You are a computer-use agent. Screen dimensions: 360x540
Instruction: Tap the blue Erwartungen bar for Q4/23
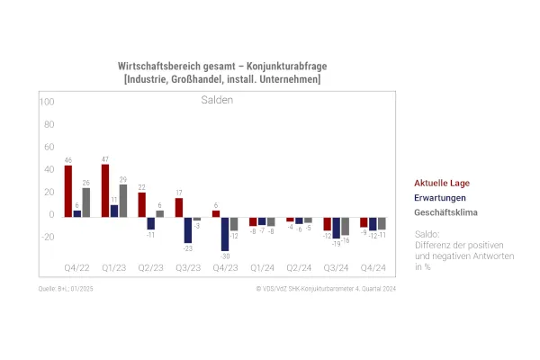click(224, 233)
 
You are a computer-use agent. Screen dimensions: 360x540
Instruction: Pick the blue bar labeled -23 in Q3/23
click(187, 229)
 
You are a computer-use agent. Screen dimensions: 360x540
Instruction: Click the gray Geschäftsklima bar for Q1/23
click(123, 201)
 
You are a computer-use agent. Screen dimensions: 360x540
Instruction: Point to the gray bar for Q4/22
click(86, 202)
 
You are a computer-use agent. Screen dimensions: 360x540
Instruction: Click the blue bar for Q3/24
click(336, 228)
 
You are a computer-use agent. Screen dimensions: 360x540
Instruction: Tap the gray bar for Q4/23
click(234, 223)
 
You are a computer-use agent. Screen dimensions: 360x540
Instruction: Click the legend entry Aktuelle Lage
click(442, 184)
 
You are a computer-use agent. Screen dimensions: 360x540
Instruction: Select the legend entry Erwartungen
click(440, 198)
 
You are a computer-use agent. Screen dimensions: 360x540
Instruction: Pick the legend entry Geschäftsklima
click(445, 212)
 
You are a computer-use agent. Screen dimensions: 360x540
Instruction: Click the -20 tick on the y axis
click(47, 238)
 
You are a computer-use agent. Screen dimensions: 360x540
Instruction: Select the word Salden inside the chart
click(216, 100)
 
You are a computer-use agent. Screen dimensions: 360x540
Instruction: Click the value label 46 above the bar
click(68, 160)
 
